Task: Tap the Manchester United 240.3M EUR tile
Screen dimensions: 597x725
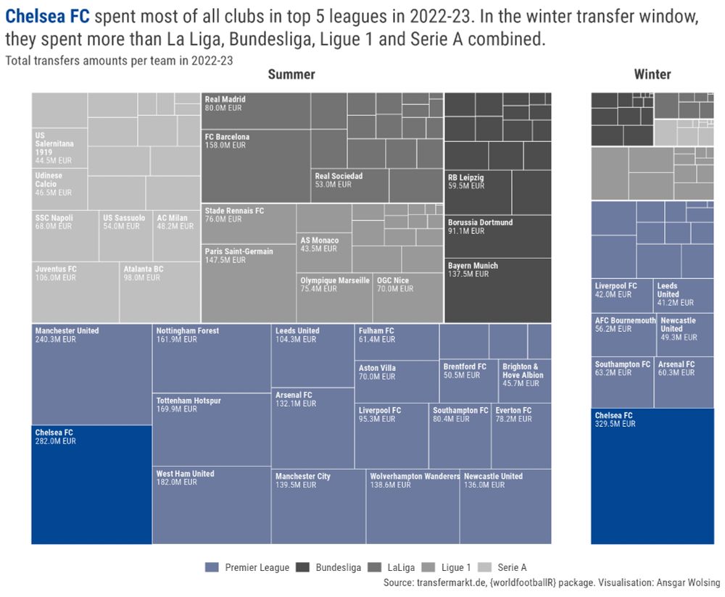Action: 91,374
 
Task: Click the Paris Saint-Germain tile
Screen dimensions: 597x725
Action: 248,283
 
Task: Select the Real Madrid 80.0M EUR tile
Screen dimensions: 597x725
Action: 255,110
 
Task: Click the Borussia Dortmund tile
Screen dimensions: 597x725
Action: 497,235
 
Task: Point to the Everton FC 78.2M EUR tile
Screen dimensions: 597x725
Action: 521,435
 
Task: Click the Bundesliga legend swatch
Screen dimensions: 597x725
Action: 302,568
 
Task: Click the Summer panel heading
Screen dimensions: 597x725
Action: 291,75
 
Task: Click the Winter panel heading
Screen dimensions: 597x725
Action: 652,75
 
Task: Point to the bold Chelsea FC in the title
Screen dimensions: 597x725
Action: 47,17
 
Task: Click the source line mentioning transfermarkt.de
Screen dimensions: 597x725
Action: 552,583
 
